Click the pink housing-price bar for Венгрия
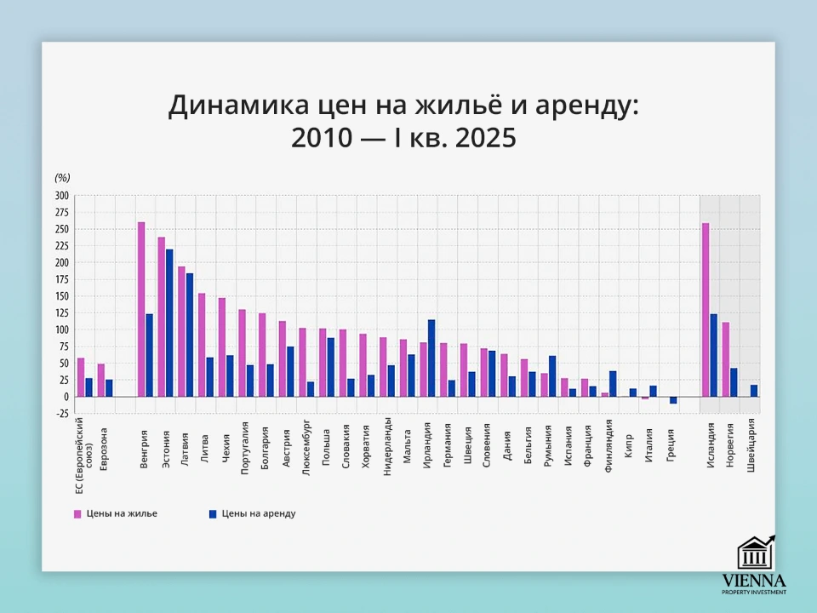click(x=141, y=309)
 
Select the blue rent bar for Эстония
click(x=169, y=323)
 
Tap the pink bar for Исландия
click(x=706, y=309)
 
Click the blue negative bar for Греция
click(x=673, y=400)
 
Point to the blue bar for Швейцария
click(x=754, y=391)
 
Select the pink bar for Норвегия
click(x=726, y=358)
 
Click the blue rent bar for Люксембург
click(x=311, y=389)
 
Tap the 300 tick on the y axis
click(x=61, y=196)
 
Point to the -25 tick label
click(x=60, y=414)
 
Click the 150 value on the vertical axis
click(x=61, y=296)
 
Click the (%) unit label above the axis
click(x=62, y=178)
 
